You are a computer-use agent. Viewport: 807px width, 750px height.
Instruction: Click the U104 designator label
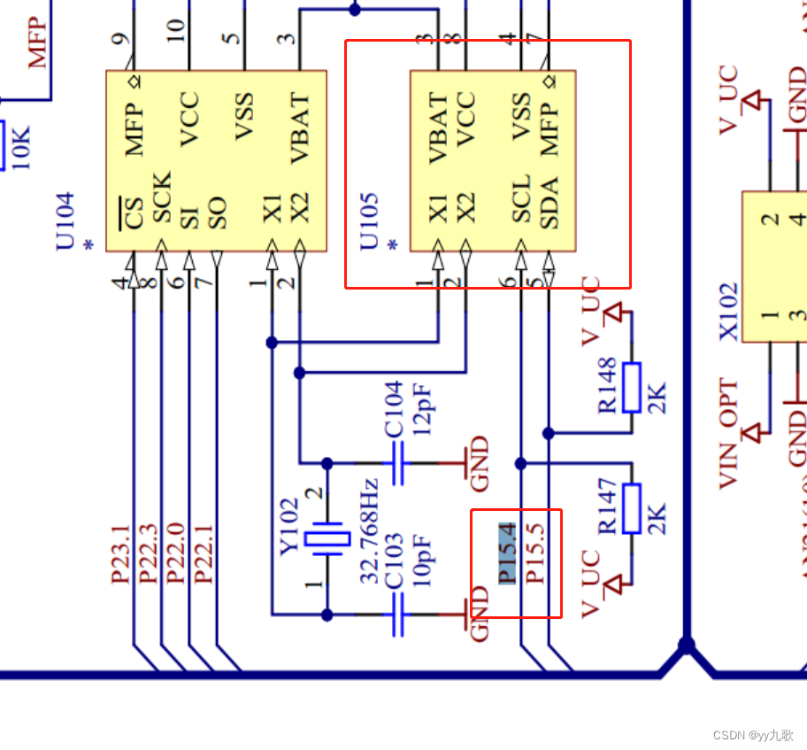[66, 221]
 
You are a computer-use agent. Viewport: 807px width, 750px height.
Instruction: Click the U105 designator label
[370, 221]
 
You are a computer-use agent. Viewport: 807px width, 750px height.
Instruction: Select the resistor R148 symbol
[631, 387]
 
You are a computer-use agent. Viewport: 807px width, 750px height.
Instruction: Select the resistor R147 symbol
[631, 508]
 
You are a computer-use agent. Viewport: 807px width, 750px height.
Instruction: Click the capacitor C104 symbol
[398, 463]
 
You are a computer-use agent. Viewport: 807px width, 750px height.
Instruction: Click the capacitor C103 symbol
[398, 614]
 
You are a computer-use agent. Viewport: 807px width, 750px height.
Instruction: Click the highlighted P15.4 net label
[507, 553]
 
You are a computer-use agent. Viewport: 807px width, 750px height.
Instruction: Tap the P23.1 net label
[121, 553]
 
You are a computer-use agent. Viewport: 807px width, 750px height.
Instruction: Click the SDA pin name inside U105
[550, 203]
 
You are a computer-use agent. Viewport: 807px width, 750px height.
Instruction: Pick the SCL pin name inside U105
[522, 199]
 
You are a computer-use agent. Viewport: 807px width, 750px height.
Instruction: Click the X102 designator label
[729, 312]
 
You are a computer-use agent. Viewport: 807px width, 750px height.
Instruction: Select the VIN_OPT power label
[729, 434]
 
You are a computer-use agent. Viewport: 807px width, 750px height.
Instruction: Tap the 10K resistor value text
[21, 147]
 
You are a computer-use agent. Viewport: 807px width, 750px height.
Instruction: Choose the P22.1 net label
[204, 553]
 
